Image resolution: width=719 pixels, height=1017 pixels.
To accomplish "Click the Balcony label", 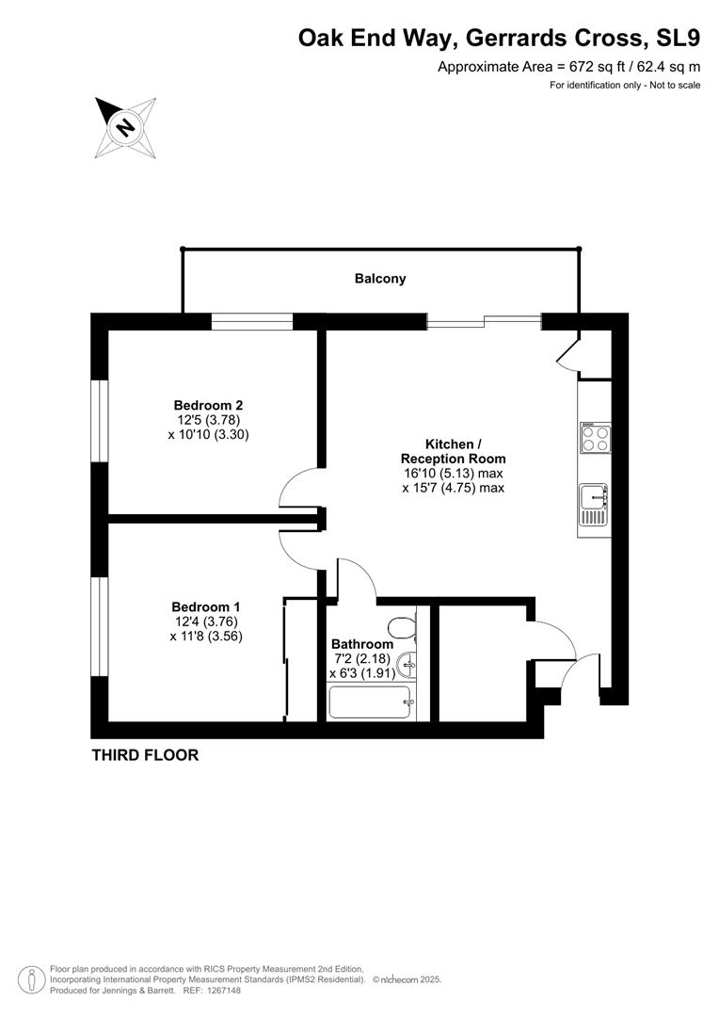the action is click(x=380, y=279).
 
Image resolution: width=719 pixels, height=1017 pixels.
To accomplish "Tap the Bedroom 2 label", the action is click(x=208, y=405).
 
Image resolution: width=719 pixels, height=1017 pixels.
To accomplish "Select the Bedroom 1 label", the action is click(x=205, y=607).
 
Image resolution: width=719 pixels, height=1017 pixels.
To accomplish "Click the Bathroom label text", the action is click(x=361, y=644).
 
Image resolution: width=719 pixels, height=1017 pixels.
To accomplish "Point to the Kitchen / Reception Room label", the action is click(x=454, y=451).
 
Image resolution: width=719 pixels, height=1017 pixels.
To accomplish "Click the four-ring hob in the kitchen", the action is click(x=595, y=437).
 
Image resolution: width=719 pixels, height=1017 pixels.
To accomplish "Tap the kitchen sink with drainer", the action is click(x=594, y=505).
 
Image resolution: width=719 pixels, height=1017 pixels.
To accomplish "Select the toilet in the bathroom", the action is click(x=402, y=628).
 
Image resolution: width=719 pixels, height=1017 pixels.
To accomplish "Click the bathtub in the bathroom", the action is click(x=370, y=702).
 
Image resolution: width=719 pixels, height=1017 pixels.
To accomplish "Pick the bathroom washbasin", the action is click(x=408, y=664).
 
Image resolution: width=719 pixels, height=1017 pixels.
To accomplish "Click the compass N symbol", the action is click(x=125, y=127).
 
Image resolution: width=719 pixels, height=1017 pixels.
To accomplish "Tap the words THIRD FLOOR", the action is click(x=145, y=755).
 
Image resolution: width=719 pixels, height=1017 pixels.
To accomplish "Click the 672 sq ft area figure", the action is click(x=594, y=66).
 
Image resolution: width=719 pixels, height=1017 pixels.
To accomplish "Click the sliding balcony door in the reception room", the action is click(x=485, y=321).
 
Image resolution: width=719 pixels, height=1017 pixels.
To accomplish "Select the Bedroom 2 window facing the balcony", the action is click(x=252, y=321).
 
